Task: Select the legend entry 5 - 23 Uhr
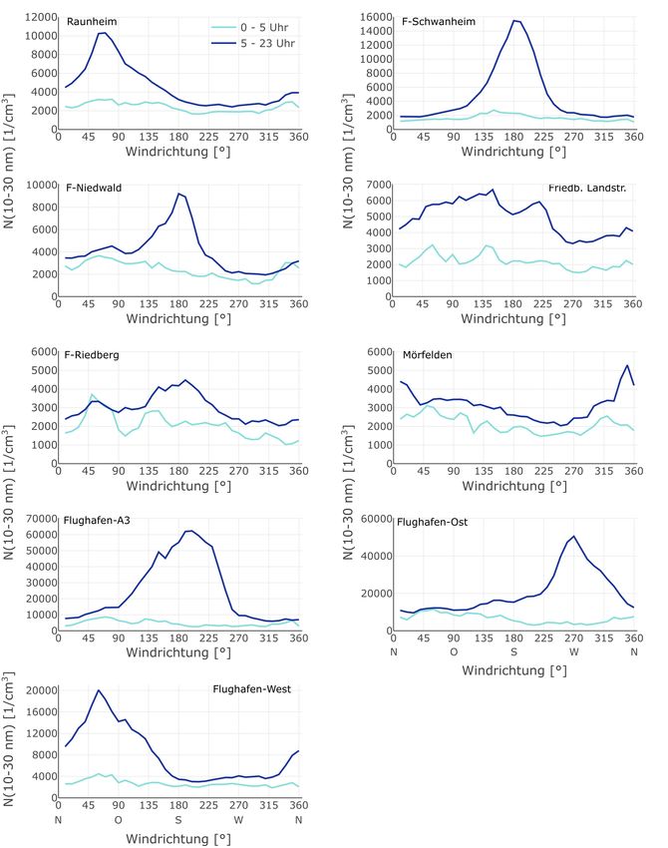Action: [260, 45]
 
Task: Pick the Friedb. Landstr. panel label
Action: [586, 188]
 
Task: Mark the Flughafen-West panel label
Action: [253, 689]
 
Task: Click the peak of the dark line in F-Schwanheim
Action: [514, 20]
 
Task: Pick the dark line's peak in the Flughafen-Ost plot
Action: [574, 536]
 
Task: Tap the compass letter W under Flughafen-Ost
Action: [574, 650]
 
